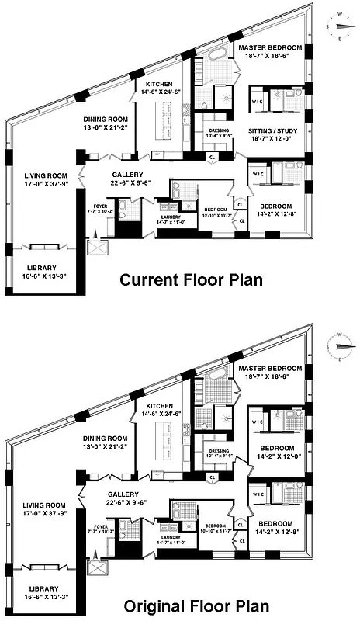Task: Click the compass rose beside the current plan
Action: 340,23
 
